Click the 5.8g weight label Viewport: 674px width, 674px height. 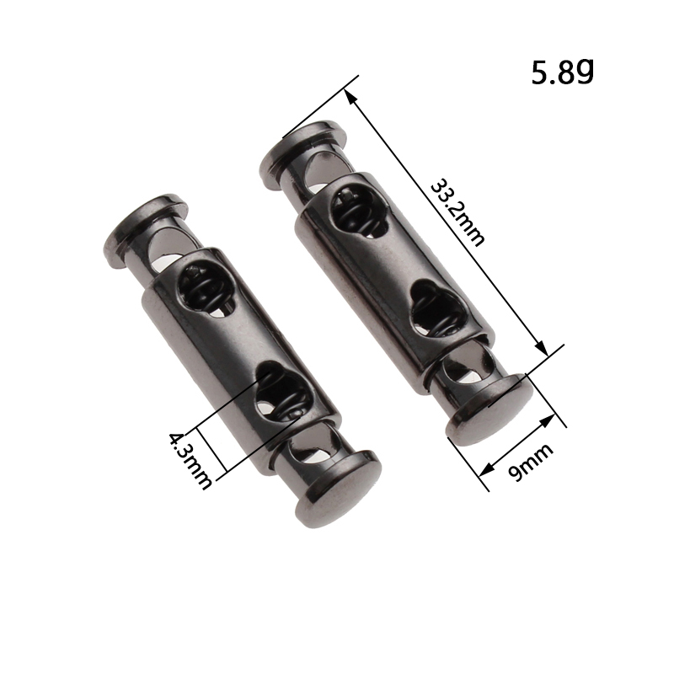pyautogui.click(x=562, y=72)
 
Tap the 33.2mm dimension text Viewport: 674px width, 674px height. pyautogui.click(x=457, y=213)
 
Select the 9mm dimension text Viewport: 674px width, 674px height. pyautogui.click(x=531, y=463)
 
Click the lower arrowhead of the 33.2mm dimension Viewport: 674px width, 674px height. pyautogui.click(x=543, y=347)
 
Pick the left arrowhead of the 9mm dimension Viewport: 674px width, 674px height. pyautogui.click(x=487, y=468)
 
